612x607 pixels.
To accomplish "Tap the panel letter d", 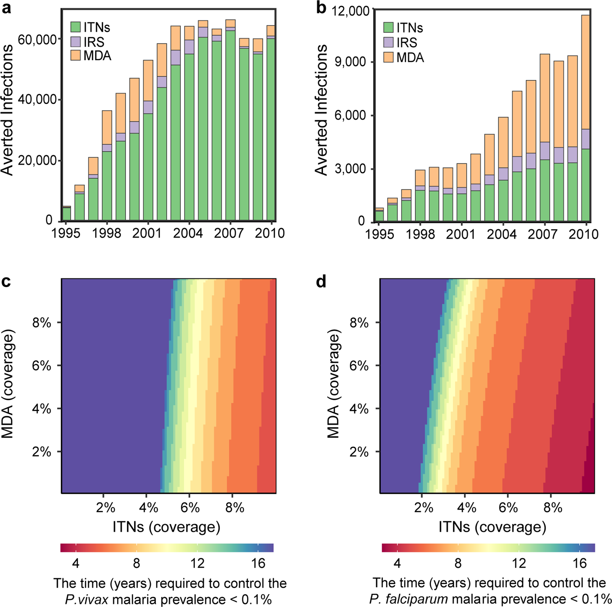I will click(x=321, y=282).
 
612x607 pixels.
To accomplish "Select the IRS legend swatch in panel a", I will click(x=76, y=42).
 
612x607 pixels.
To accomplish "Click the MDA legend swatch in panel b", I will click(x=388, y=57).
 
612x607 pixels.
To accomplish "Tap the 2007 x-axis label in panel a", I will click(x=229, y=233).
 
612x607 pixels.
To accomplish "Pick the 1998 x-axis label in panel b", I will click(x=420, y=234).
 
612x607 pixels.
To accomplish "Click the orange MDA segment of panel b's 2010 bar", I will click(x=586, y=72).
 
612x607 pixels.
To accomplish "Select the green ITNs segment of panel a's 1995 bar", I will click(x=66, y=214).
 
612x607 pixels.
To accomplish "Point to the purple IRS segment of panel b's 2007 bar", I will click(x=545, y=151).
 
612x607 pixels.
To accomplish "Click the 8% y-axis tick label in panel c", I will click(x=41, y=323).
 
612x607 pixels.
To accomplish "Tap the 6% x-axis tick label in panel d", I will click(x=508, y=507).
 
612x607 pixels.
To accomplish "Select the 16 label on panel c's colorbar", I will click(x=258, y=563).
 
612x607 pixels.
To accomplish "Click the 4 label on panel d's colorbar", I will click(x=397, y=563).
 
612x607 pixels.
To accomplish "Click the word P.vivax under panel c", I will click(x=86, y=599).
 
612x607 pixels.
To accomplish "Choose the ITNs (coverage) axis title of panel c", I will click(x=166, y=527).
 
